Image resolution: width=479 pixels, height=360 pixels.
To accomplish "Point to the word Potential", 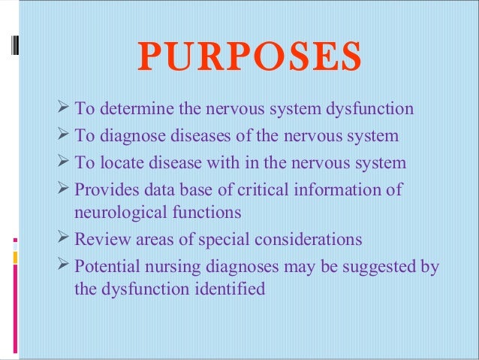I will tap(106, 267).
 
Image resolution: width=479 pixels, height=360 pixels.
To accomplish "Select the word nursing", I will tap(175, 267).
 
